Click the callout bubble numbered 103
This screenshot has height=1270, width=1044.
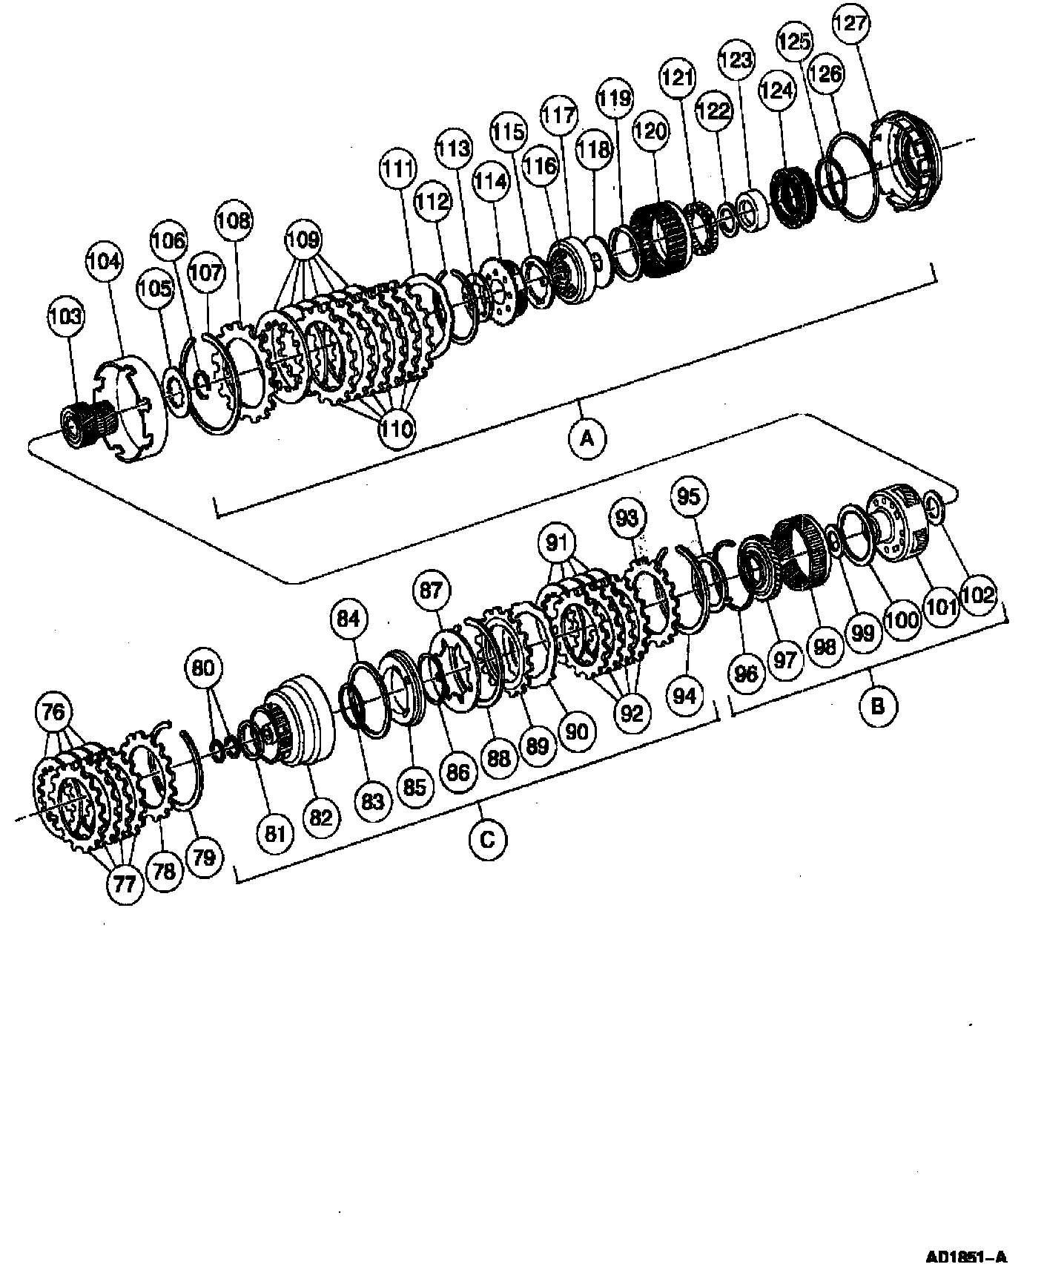[x=67, y=317]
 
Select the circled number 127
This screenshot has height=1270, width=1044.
[x=850, y=23]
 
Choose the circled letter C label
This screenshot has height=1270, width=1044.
[x=487, y=839]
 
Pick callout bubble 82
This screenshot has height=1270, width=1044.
[x=320, y=817]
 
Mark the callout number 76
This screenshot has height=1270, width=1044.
[x=54, y=712]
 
